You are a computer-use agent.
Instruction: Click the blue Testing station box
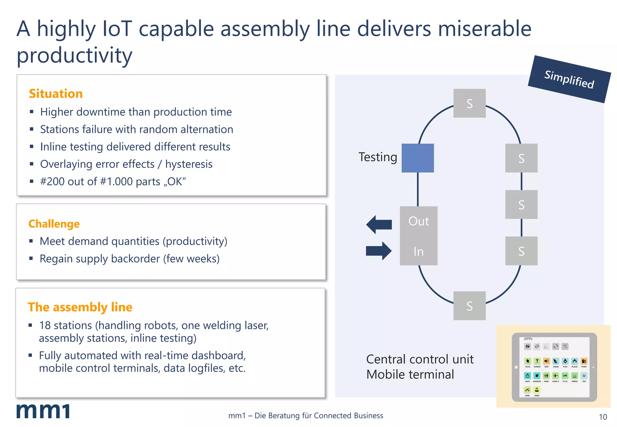(418, 158)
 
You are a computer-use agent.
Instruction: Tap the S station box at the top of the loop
(469, 103)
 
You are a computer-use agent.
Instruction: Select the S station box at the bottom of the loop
(469, 306)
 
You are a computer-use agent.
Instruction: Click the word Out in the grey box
(418, 221)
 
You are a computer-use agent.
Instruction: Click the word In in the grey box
(418, 251)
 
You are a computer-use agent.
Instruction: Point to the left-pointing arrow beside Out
(379, 224)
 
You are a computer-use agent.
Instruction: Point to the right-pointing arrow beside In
(379, 251)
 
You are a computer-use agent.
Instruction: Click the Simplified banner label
(569, 79)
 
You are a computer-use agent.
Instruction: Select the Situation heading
(56, 94)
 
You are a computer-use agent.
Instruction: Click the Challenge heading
(54, 224)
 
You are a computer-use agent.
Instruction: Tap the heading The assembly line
(80, 307)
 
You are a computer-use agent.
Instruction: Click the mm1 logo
(43, 411)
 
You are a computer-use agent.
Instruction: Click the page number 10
(603, 417)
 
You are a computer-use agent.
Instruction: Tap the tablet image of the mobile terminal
(554, 367)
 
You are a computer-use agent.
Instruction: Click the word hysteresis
(189, 164)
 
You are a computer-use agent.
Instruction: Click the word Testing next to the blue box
(378, 157)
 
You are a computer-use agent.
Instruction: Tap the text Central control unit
(420, 359)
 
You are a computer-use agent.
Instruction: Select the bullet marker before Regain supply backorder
(31, 258)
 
